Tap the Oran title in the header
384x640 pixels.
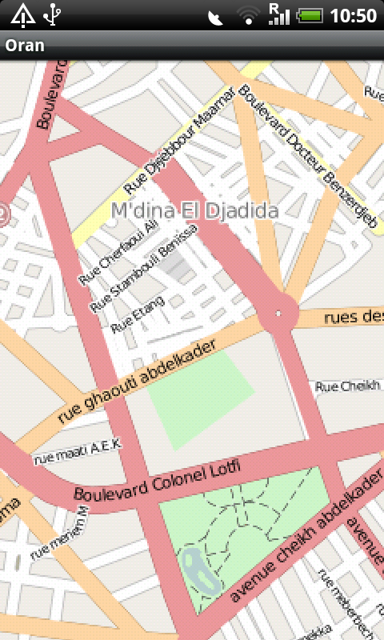(x=25, y=46)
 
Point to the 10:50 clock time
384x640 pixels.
(x=354, y=14)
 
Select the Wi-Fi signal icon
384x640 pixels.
(x=248, y=14)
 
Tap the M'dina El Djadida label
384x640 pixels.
(x=195, y=211)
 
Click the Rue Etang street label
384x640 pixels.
(x=138, y=314)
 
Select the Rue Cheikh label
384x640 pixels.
(x=347, y=387)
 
